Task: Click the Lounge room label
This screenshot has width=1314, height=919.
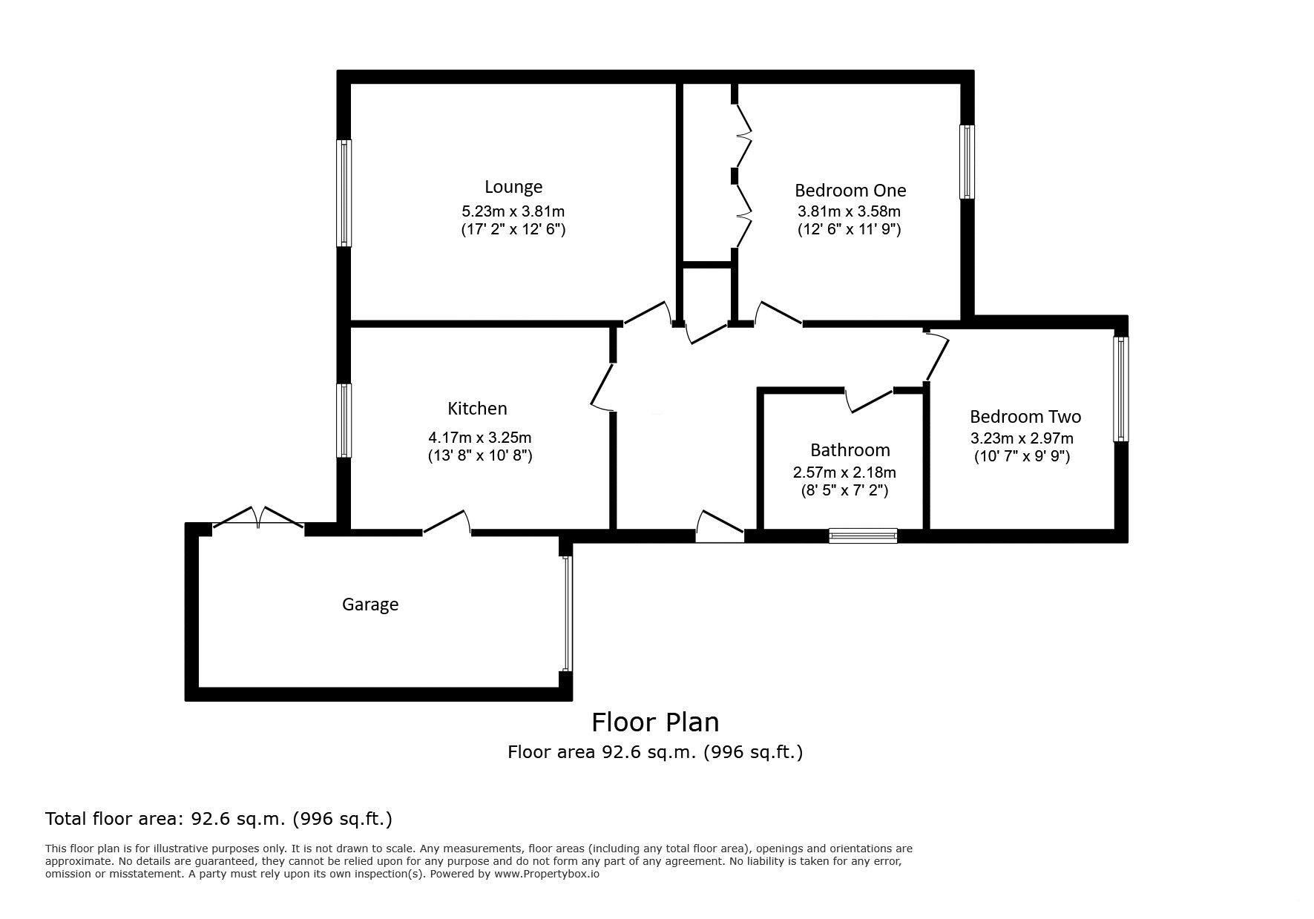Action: pyautogui.click(x=513, y=187)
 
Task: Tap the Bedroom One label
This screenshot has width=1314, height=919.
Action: pyautogui.click(x=850, y=191)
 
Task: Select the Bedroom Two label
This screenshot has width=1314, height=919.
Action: pyautogui.click(x=1025, y=417)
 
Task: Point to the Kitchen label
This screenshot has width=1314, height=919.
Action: pyautogui.click(x=477, y=409)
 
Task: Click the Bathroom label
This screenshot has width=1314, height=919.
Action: pyautogui.click(x=850, y=450)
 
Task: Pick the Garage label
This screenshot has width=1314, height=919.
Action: pyautogui.click(x=370, y=605)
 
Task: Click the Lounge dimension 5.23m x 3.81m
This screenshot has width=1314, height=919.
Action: pyautogui.click(x=513, y=211)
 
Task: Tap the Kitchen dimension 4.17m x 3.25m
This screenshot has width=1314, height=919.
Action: pyautogui.click(x=480, y=438)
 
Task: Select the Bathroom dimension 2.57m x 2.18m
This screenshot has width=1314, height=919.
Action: pyautogui.click(x=844, y=472)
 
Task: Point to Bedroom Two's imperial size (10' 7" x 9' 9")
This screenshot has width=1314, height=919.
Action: pyautogui.click(x=1022, y=456)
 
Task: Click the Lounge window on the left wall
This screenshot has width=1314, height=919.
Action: pyautogui.click(x=344, y=193)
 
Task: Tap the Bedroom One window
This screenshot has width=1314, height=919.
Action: pyautogui.click(x=967, y=162)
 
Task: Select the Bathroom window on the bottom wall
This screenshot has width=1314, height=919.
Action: pyautogui.click(x=863, y=536)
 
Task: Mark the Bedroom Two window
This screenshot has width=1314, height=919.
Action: pyautogui.click(x=1121, y=389)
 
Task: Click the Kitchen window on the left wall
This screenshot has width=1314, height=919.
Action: pyautogui.click(x=344, y=421)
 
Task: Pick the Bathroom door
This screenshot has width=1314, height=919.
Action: pyautogui.click(x=870, y=400)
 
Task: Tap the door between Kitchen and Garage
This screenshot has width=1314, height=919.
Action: pyautogui.click(x=447, y=522)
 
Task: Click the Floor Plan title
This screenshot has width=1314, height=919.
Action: pyautogui.click(x=655, y=722)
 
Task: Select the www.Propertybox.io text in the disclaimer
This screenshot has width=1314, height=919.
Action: pyautogui.click(x=546, y=874)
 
